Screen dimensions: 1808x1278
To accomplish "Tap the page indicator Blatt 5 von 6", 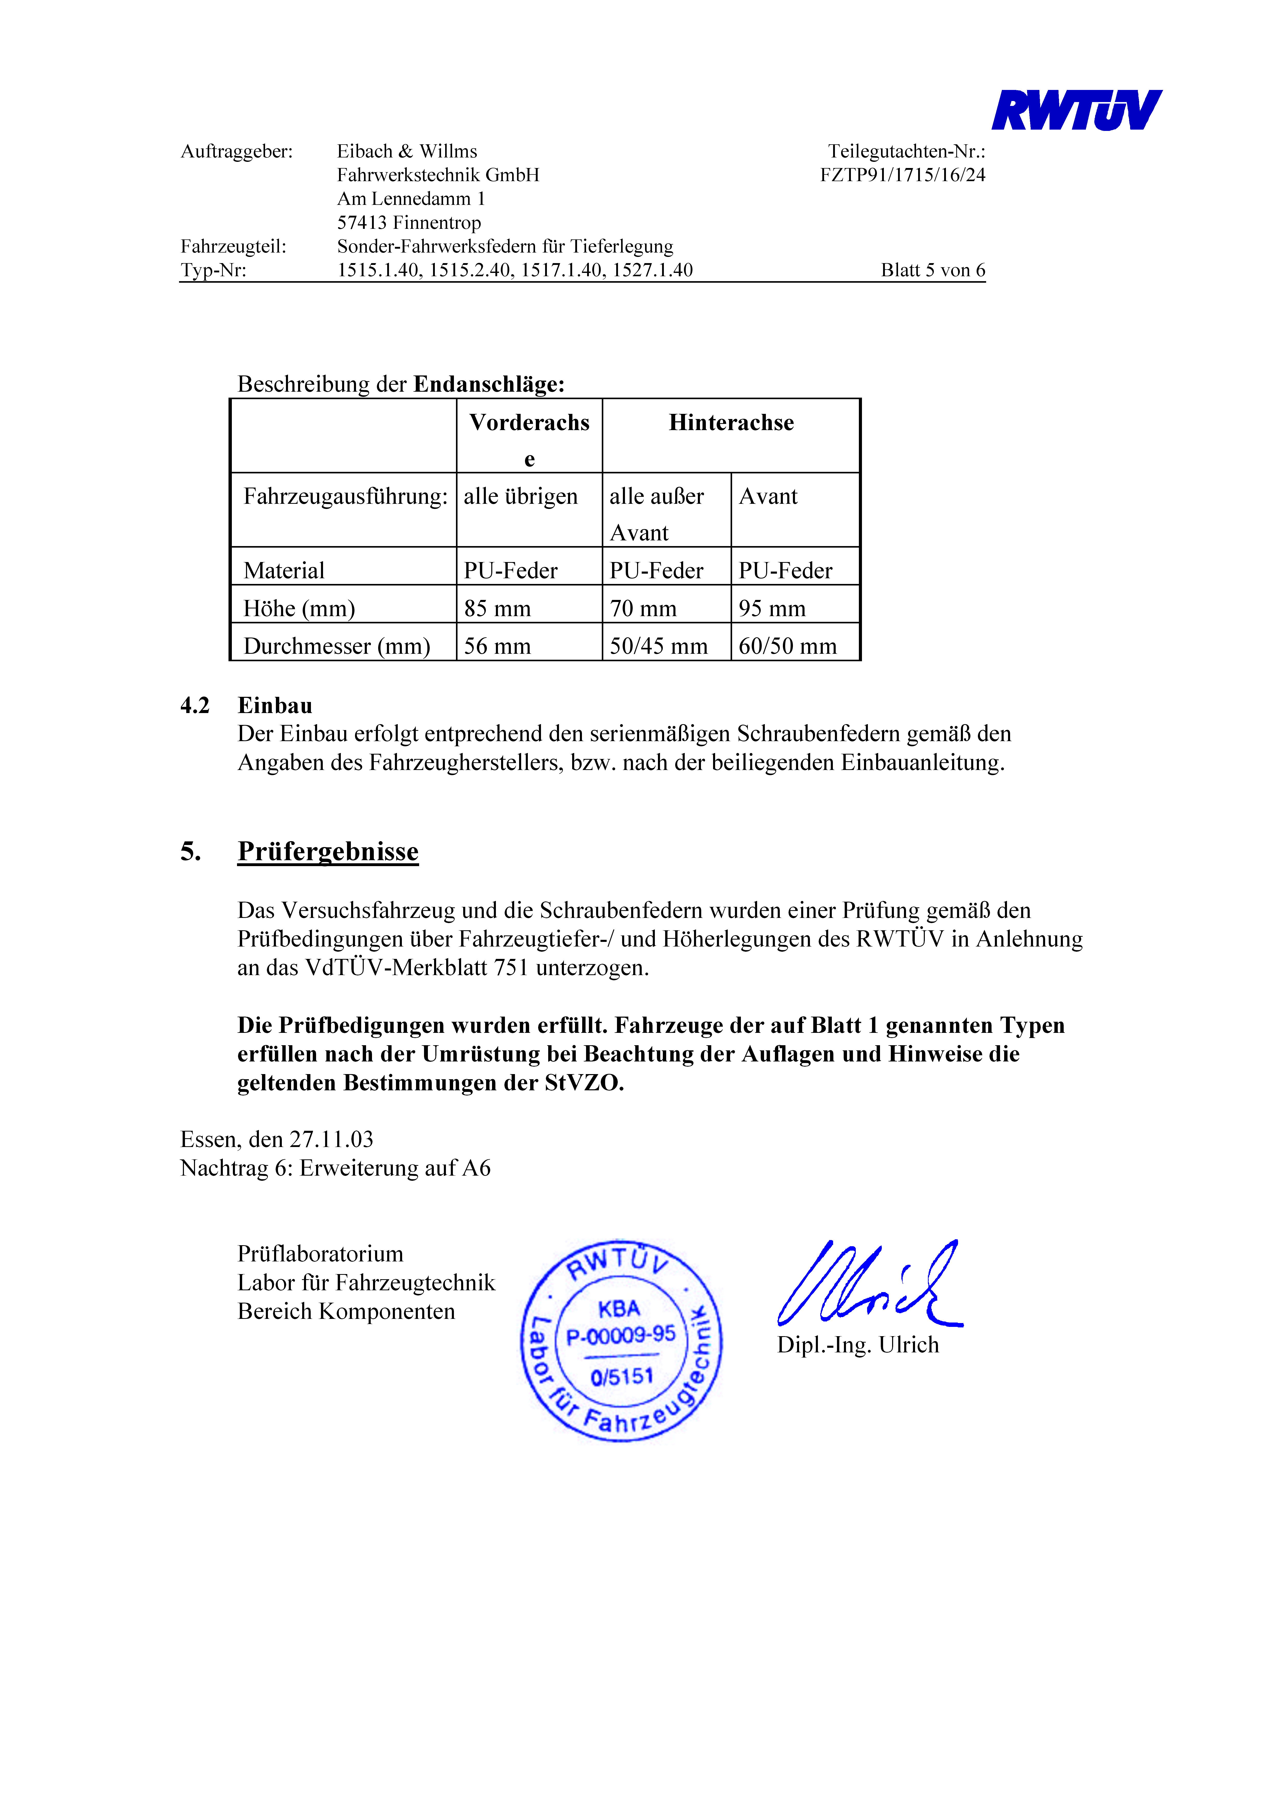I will [932, 270].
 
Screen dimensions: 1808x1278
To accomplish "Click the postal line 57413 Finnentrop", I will [409, 223].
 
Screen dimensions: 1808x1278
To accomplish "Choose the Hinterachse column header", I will [731, 423].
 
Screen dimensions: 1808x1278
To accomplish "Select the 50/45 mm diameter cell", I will [658, 646].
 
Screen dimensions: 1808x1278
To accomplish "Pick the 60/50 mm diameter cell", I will [788, 646].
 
